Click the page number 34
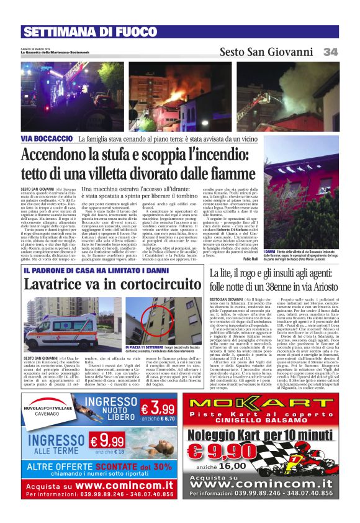point(330,52)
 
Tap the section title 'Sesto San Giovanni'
point(266,52)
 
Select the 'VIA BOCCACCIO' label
point(47,139)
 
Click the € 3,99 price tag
point(157,409)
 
